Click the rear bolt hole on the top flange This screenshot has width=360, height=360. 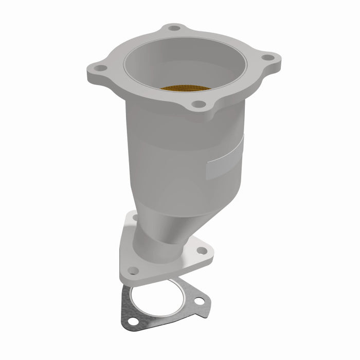click(175, 28)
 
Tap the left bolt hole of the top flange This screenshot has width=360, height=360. click(101, 68)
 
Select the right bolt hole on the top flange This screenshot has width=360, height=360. click(267, 58)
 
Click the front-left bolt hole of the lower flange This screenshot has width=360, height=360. click(134, 268)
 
